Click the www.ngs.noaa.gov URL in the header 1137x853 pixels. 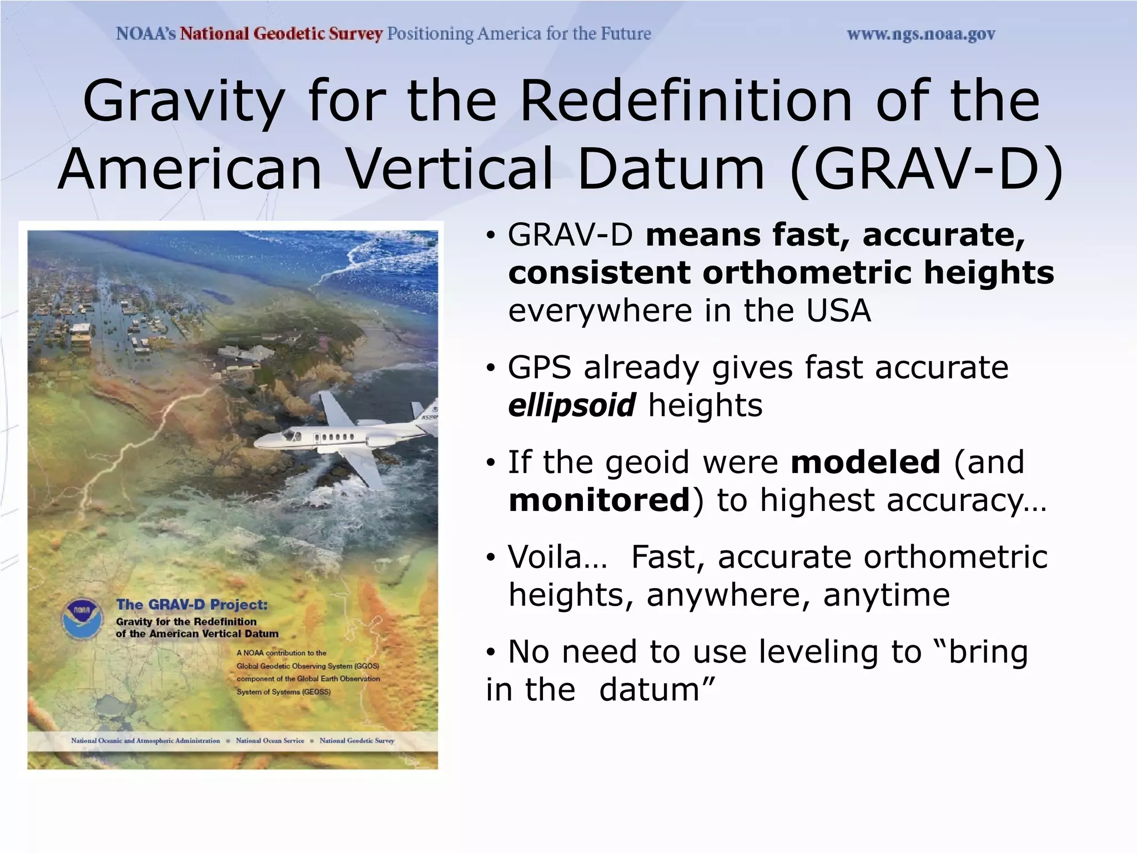[x=920, y=34]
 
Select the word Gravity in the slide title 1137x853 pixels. [x=183, y=101]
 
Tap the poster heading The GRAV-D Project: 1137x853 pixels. [x=192, y=605]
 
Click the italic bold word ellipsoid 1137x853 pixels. [x=571, y=405]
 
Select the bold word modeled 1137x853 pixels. [x=865, y=462]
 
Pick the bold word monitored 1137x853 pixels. [x=599, y=500]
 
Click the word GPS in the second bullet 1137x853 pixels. [x=539, y=368]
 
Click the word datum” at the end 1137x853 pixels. [x=657, y=690]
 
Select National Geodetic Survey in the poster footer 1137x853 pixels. [x=357, y=740]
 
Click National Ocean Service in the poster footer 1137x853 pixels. [x=270, y=740]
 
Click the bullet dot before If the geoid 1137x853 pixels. [x=490, y=463]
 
